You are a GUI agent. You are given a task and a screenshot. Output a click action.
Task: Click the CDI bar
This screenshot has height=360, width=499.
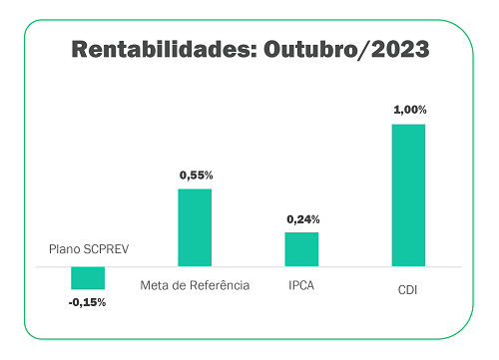coord(408,194)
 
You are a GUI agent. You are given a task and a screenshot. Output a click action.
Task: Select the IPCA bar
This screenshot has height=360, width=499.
coord(301,249)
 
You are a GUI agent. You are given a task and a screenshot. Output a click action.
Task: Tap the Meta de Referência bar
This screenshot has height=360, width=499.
coord(195,227)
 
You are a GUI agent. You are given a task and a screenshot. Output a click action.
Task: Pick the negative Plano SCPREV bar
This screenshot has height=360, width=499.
coord(87,277)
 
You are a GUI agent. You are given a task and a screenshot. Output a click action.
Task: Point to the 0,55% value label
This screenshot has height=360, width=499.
coord(196,175)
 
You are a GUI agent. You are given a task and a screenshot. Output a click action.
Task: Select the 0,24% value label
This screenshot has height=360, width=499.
coord(302,218)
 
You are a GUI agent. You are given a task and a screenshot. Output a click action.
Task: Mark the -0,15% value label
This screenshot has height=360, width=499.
coord(87,302)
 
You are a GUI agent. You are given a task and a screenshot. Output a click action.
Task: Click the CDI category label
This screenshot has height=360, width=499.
coord(407,291)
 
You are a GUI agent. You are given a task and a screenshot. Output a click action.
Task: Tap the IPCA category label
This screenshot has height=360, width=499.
coord(302,285)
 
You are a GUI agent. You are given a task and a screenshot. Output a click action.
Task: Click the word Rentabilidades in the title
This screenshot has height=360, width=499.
coord(157,49)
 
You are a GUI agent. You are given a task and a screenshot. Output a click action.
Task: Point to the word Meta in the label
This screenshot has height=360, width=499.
coord(158,285)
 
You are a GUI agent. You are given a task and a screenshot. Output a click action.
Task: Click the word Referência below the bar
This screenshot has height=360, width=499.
coord(221,285)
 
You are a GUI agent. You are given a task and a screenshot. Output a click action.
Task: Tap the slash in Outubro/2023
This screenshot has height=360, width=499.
coord(363,49)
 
